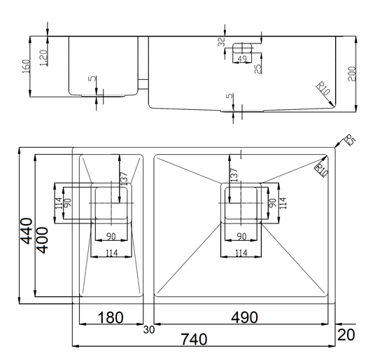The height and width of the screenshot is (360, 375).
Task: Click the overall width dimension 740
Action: (194, 339)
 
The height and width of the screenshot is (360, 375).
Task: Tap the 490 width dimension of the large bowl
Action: (244, 317)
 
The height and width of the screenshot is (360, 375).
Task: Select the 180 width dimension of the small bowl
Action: (111, 317)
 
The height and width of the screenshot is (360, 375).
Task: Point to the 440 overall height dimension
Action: (27, 231)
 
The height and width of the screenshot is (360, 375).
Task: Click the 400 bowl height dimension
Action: (42, 240)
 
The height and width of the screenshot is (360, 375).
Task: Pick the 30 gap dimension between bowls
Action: (149, 330)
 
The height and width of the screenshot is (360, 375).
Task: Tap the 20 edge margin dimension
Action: (346, 335)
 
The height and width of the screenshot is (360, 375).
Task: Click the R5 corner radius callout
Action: (350, 140)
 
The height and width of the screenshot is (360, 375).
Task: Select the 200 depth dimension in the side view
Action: (352, 74)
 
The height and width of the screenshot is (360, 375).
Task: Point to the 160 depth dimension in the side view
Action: (26, 67)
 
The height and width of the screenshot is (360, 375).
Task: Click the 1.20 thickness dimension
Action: (43, 58)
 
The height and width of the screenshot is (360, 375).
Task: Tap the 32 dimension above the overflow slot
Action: (222, 41)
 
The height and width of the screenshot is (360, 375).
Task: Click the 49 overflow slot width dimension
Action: (242, 59)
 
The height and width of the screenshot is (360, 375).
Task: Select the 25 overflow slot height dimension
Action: (257, 69)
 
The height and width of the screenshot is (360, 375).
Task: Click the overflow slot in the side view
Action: (242, 48)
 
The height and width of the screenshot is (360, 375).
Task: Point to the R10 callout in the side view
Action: (323, 89)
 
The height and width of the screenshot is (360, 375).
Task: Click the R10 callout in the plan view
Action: (322, 170)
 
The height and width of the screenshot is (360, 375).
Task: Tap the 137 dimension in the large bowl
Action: (234, 174)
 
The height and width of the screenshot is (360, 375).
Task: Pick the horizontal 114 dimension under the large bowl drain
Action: (241, 253)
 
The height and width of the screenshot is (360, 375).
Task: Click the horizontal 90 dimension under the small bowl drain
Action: (111, 237)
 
